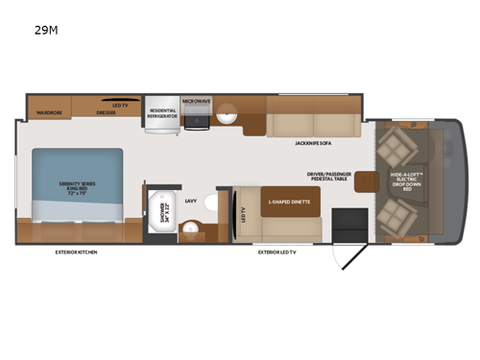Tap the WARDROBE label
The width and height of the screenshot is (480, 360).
pyautogui.click(x=49, y=113)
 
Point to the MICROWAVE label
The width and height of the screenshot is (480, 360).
pyautogui.click(x=197, y=100)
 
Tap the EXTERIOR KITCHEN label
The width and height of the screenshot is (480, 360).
pyautogui.click(x=76, y=252)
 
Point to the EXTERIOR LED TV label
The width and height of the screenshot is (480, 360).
pyautogui.click(x=277, y=252)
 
